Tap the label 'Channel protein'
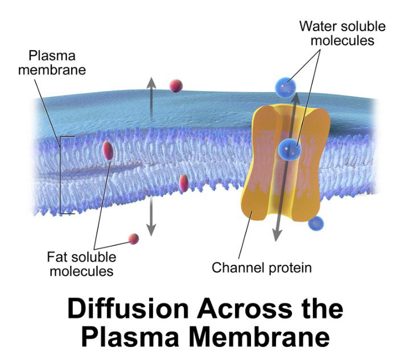pyautogui.click(x=262, y=267)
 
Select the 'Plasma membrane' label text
pyautogui.click(x=56, y=64)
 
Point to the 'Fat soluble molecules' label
pyautogui.click(x=81, y=263)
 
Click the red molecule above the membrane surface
pyautogui.click(x=176, y=86)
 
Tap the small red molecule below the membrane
pyautogui.click(x=134, y=238)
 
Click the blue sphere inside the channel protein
pyautogui.click(x=290, y=150)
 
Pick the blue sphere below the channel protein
pyautogui.click(x=316, y=224)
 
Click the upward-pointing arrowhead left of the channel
pyautogui.click(x=151, y=81)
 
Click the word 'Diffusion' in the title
pyautogui.click(x=128, y=309)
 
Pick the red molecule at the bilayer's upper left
pyautogui.click(x=108, y=150)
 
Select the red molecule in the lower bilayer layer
pyautogui.click(x=183, y=183)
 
